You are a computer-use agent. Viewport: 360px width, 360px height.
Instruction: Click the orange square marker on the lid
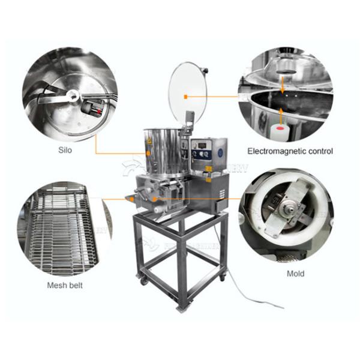(187, 96)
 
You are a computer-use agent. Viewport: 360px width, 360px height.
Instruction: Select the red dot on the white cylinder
(279, 130)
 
